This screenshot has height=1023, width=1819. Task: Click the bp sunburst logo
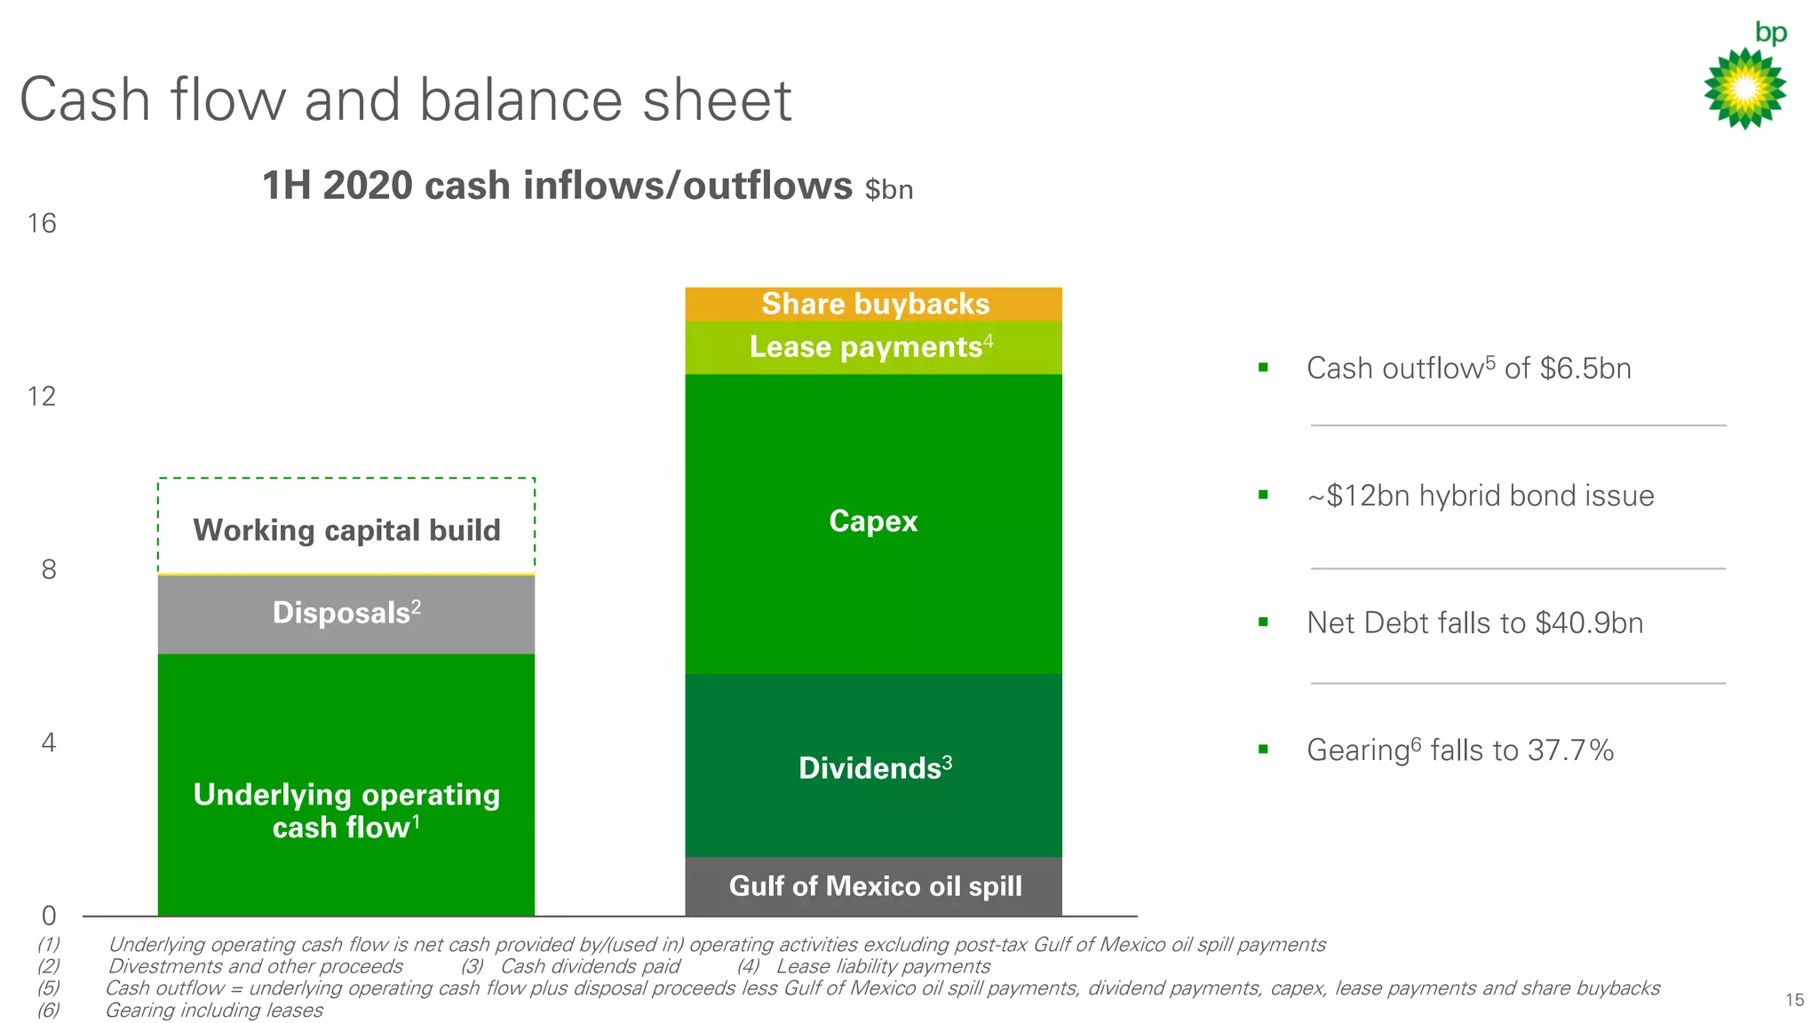[1745, 88]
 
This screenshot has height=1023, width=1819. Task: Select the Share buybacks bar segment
[873, 304]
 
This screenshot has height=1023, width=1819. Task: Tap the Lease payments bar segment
[873, 347]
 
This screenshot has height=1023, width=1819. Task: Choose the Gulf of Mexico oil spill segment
[873, 886]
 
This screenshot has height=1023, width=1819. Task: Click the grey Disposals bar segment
[346, 614]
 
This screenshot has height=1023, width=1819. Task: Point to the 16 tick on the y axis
[42, 223]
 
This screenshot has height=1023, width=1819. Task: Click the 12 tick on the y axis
[42, 396]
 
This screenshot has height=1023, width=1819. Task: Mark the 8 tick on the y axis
[49, 569]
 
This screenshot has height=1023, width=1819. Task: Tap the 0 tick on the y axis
[49, 916]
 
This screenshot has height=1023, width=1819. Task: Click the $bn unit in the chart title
[889, 190]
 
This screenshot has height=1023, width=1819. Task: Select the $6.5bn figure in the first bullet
[1585, 369]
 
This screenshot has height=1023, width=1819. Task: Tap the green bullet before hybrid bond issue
[1263, 495]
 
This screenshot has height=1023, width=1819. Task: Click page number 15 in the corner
[1794, 1000]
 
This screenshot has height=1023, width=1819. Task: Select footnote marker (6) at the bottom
[48, 1011]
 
